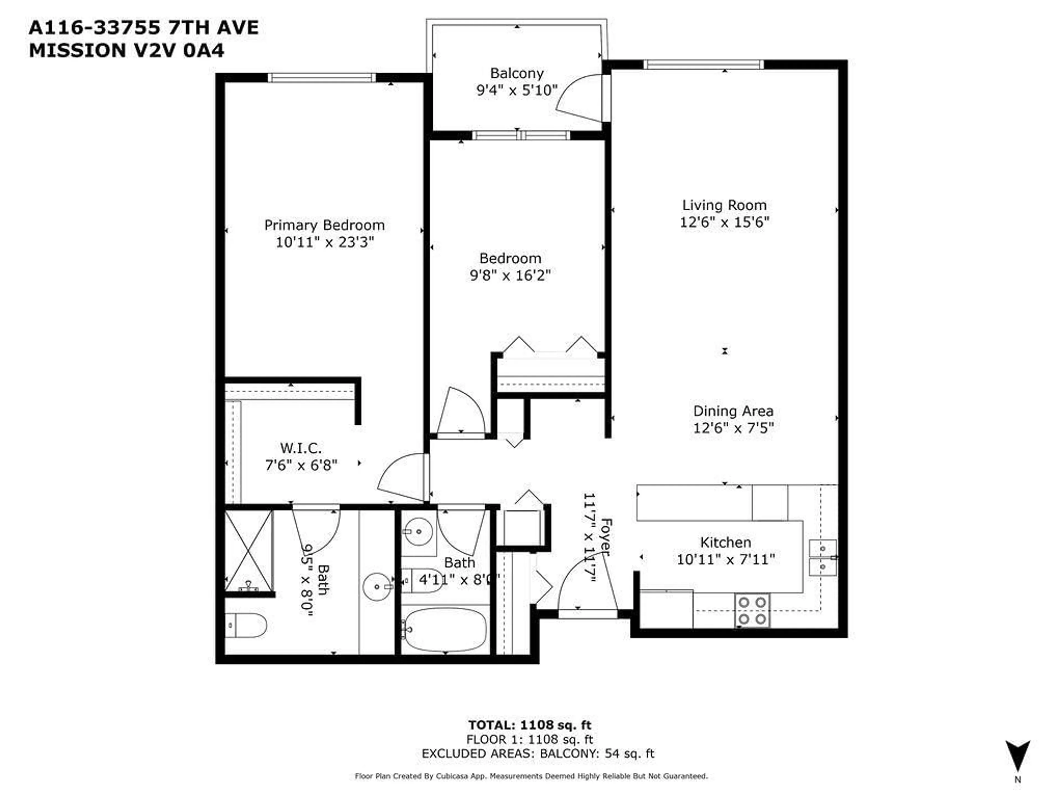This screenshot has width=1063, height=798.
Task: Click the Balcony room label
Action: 517,73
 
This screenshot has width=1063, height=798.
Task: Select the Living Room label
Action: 724,205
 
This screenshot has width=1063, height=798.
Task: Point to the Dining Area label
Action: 733,411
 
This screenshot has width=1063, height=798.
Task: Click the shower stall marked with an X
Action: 249,551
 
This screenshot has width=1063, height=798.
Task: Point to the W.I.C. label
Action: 301,448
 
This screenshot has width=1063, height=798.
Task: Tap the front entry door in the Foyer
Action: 587,589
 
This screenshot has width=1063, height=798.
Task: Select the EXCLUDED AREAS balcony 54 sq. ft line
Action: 538,753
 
